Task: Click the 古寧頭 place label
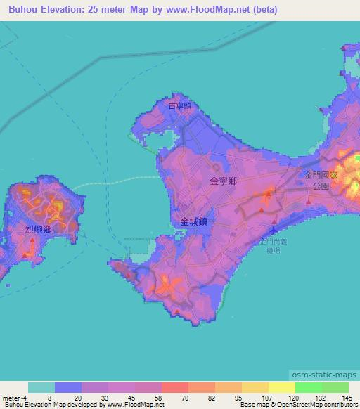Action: coord(179,106)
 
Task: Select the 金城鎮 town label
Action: coord(193,221)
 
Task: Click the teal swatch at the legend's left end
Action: coord(41,387)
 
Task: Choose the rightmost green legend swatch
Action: coord(335,387)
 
